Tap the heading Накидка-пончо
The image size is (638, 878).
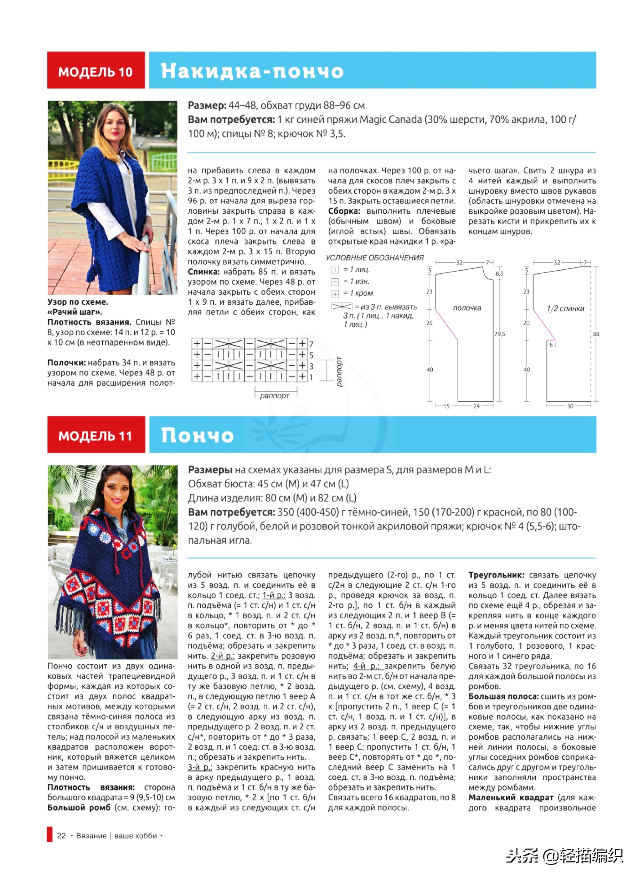[x=252, y=71]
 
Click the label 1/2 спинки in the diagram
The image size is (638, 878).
[x=565, y=309]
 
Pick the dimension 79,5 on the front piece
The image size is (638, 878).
[x=499, y=334]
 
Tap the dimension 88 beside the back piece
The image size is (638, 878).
[x=596, y=334]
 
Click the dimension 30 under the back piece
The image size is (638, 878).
[x=570, y=406]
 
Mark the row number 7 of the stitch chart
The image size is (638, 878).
[x=311, y=344]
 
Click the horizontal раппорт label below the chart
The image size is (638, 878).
[x=275, y=396]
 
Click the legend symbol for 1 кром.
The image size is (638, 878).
[x=335, y=294]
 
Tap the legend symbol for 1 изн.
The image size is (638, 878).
[x=335, y=282]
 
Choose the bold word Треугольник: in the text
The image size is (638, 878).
[x=496, y=575]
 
